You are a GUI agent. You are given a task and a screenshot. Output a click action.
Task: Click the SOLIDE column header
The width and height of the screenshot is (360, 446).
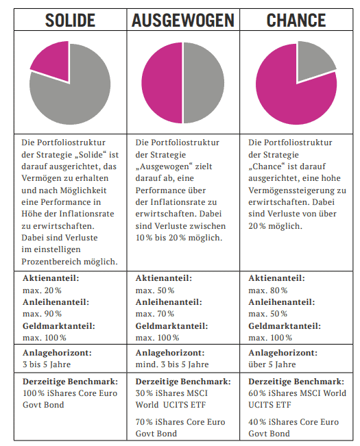pyautogui.click(x=70, y=20)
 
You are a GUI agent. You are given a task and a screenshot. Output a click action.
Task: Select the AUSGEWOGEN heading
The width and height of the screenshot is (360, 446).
pyautogui.click(x=182, y=20)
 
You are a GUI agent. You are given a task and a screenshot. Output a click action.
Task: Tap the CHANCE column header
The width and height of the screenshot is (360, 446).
pyautogui.click(x=296, y=20)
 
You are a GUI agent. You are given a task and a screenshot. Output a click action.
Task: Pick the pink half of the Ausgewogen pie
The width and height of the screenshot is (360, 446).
pyautogui.click(x=163, y=83)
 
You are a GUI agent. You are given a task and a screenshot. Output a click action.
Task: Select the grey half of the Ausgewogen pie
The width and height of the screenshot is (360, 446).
pyautogui.click(x=204, y=83)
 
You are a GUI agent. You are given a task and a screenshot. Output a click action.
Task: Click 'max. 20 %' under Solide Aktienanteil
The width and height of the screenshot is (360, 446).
pyautogui.click(x=42, y=290)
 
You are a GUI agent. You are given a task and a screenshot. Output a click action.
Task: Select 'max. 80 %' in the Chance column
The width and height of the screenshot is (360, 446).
pyautogui.click(x=268, y=290)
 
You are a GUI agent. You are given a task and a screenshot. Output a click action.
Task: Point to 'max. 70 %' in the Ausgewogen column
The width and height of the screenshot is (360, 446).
pyautogui.click(x=155, y=314)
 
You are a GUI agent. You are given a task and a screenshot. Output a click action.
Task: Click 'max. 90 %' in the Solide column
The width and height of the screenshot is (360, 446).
pyautogui.click(x=42, y=314)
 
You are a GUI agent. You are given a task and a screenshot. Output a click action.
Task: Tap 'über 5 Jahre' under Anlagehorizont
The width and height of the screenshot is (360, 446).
pyautogui.click(x=272, y=364)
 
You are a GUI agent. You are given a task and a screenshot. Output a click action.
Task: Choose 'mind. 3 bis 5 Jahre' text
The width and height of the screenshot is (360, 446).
pyautogui.click(x=172, y=364)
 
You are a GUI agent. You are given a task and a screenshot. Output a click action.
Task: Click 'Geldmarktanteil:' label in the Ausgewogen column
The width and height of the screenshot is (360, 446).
pyautogui.click(x=171, y=326)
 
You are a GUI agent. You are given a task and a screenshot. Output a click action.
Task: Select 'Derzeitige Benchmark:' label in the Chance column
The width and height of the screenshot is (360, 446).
pyautogui.click(x=296, y=382)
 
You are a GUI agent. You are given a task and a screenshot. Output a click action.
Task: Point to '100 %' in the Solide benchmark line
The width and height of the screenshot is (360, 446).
pyautogui.click(x=34, y=393)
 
